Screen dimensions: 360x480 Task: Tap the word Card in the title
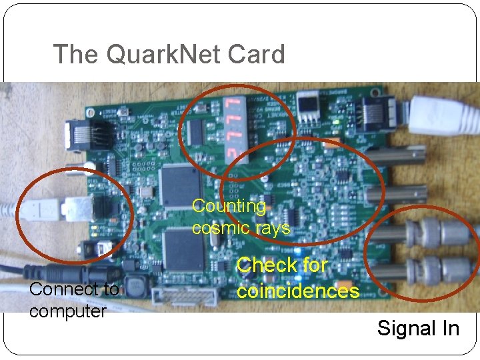[x=257, y=54]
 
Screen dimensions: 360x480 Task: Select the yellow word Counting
[x=229, y=207]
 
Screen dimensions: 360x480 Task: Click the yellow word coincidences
[x=298, y=291]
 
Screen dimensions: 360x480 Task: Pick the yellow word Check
[x=263, y=265]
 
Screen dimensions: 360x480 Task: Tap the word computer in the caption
[x=67, y=311]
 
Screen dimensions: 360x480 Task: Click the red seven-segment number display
[x=233, y=131]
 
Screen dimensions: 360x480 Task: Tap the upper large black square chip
[x=179, y=187]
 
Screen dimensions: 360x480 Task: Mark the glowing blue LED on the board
[x=305, y=266]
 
